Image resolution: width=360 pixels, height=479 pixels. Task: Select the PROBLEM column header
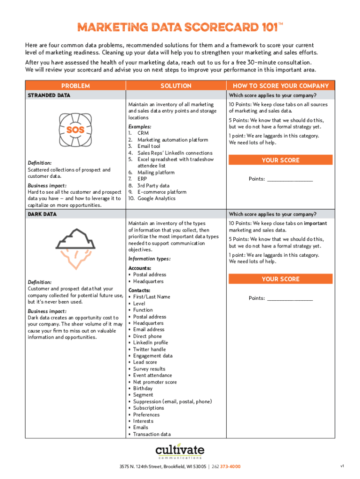[75, 86]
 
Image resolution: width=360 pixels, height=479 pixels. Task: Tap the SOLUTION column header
[176, 86]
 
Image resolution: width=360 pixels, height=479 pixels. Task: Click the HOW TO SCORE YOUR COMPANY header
[281, 86]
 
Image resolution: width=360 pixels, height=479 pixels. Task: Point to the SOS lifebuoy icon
[75, 130]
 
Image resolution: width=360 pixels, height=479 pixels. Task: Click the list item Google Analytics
[156, 198]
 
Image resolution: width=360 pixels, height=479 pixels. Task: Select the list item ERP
[142, 179]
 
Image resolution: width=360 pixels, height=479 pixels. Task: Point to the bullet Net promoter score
[155, 382]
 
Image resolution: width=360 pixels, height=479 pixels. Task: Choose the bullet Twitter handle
[149, 349]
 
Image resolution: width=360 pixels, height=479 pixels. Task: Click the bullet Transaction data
[152, 434]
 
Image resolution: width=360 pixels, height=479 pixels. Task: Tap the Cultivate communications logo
[180, 452]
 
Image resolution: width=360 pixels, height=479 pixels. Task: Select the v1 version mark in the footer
[342, 466]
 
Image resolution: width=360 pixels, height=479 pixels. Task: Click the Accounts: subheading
[139, 268]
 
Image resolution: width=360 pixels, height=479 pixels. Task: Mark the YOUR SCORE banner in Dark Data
[281, 279]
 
